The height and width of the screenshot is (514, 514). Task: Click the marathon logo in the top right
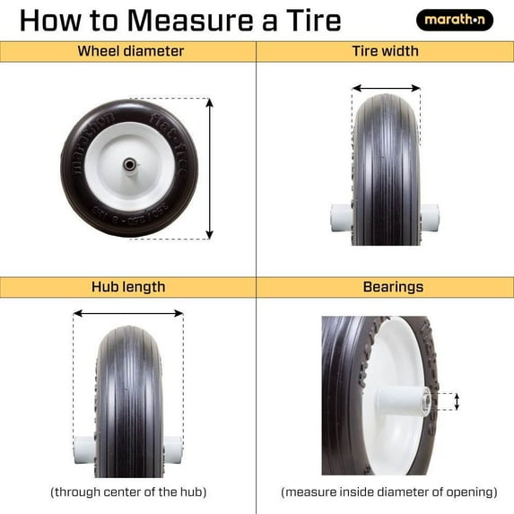pyautogui.click(x=454, y=19)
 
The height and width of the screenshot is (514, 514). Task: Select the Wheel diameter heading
pyautogui.click(x=130, y=51)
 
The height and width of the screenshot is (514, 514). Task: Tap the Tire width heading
pyautogui.click(x=385, y=51)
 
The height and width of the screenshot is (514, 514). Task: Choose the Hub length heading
pyautogui.click(x=128, y=287)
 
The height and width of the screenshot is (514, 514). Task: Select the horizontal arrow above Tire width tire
pyautogui.click(x=386, y=89)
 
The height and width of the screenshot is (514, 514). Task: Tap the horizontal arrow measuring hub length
pyautogui.click(x=128, y=314)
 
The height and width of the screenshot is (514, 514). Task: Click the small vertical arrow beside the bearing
pyautogui.click(x=457, y=401)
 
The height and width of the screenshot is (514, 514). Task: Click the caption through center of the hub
pyautogui.click(x=128, y=492)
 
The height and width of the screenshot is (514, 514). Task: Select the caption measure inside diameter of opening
pyautogui.click(x=388, y=492)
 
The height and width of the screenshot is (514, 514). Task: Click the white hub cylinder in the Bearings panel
pyautogui.click(x=404, y=399)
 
